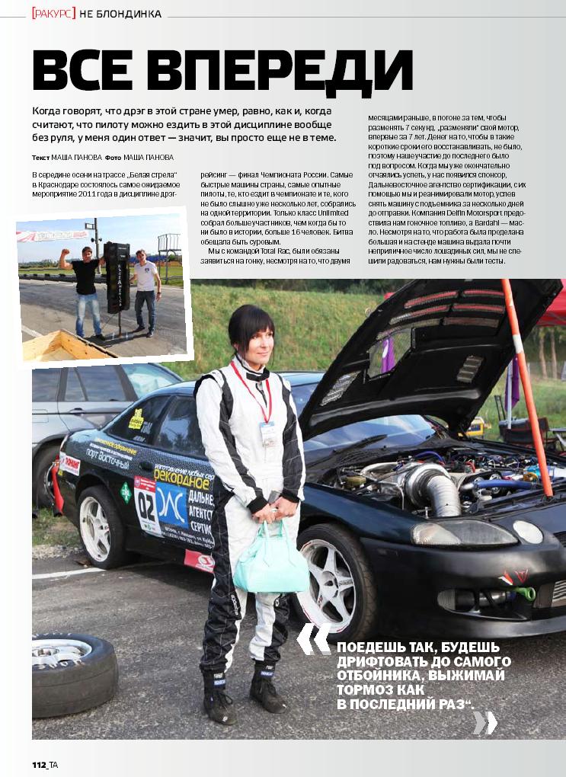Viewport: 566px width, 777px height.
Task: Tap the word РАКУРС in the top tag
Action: click(53, 13)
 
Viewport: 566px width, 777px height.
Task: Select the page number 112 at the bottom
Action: click(40, 764)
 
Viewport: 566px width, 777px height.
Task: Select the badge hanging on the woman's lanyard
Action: click(267, 434)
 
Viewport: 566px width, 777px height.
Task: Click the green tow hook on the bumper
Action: click(524, 593)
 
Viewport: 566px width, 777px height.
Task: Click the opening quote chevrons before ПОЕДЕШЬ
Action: click(314, 638)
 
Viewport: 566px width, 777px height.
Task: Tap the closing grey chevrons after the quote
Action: click(484, 722)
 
